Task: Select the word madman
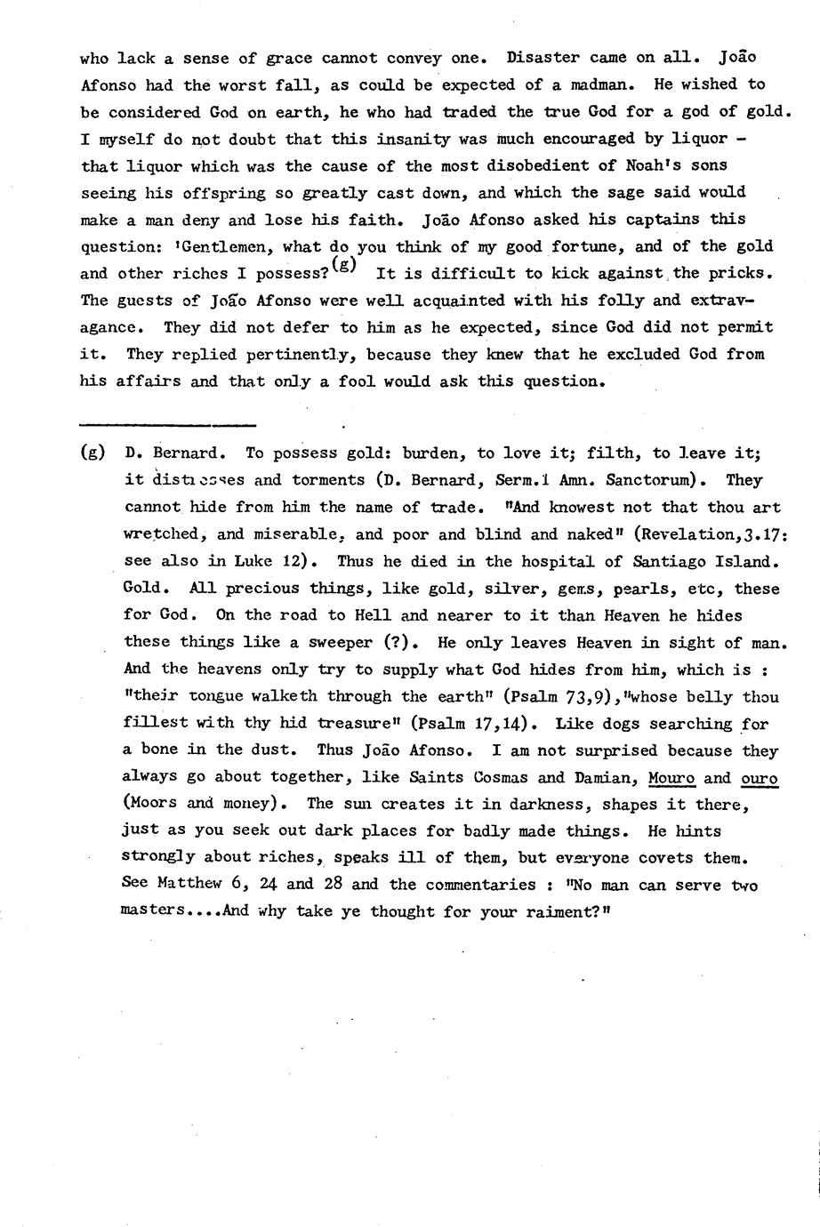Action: [604, 85]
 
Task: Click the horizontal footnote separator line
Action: [167, 425]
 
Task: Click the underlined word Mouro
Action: [671, 778]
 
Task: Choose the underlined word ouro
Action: [759, 778]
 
